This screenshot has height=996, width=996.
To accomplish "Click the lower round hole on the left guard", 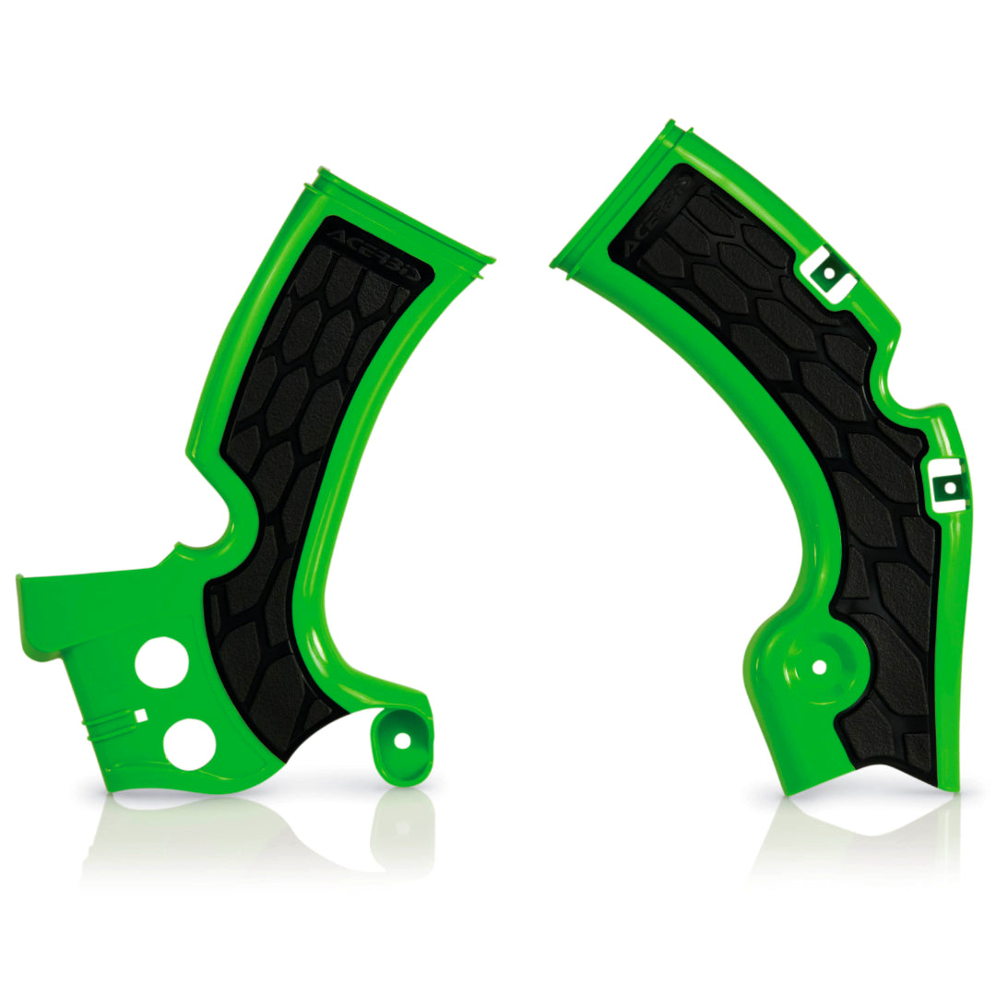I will [189, 743].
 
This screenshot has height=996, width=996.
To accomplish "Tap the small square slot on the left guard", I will [140, 715].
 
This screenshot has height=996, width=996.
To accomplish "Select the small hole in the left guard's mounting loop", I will [401, 740].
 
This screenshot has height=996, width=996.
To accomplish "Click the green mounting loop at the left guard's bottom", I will [402, 747].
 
